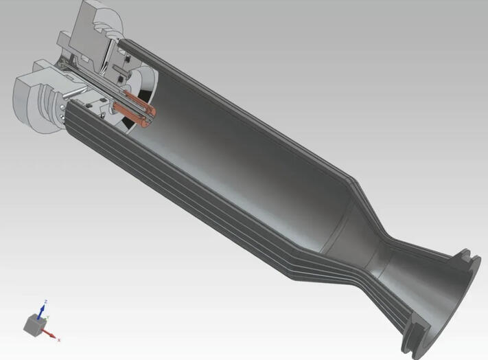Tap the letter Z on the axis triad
tap(45, 302)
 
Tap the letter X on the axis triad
tap(59, 339)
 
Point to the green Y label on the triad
tap(47, 317)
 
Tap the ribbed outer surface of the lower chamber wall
tap(206, 206)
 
